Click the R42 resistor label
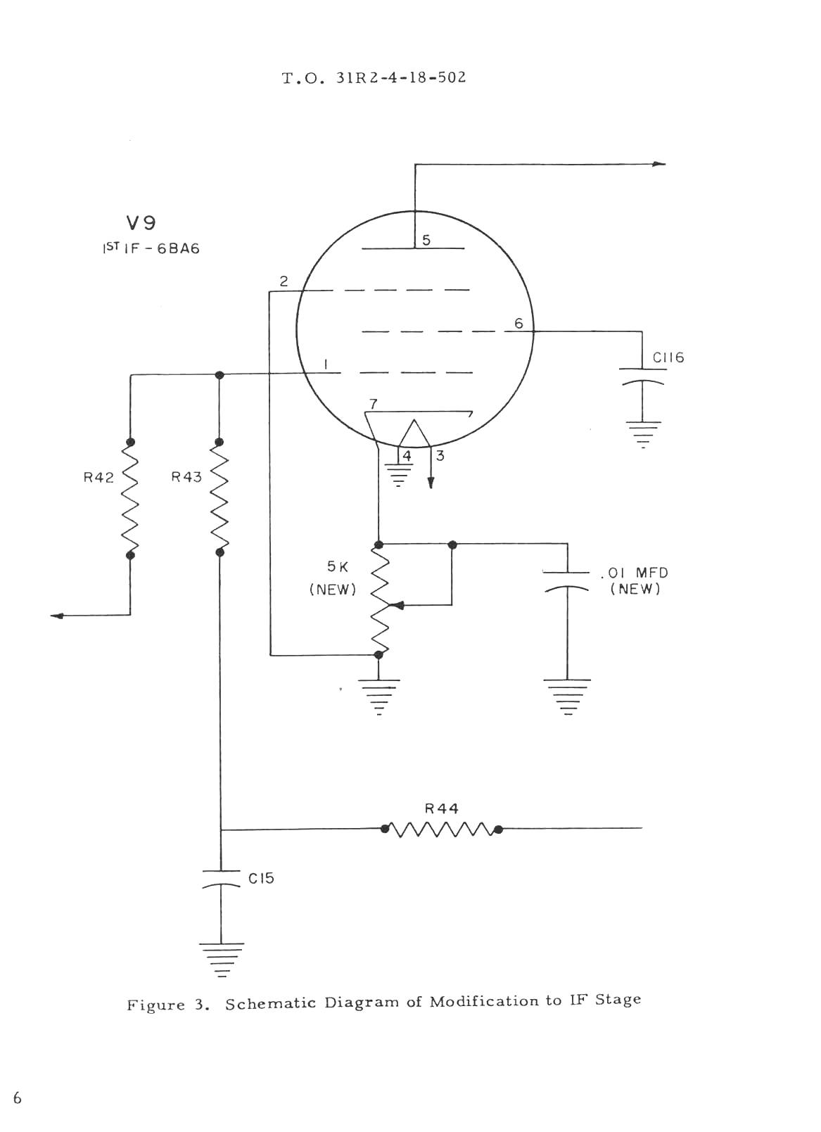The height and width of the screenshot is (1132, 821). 98,477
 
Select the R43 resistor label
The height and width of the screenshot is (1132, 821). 186,476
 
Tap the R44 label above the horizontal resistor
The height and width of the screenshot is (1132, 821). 442,808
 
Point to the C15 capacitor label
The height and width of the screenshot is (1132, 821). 261,878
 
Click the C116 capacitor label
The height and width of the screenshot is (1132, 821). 668,358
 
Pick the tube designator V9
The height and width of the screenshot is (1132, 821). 141,223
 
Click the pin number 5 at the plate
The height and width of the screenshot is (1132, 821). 426,240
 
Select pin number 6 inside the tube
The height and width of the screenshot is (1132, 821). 518,324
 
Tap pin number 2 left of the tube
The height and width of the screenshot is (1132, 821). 284,281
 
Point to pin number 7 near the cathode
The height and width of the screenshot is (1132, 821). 374,404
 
